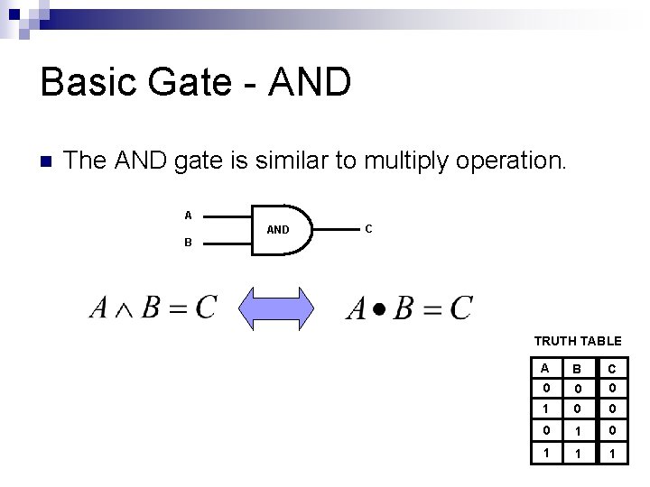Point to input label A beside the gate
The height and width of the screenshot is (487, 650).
[x=188, y=215]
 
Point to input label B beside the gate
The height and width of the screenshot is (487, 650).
[x=188, y=242]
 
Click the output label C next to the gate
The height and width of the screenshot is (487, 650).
[x=367, y=228]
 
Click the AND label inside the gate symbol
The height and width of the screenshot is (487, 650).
[x=278, y=230]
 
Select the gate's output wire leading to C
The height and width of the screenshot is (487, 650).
[x=336, y=230]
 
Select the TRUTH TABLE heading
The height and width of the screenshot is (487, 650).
[x=578, y=341]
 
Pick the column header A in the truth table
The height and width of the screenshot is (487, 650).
[x=543, y=368]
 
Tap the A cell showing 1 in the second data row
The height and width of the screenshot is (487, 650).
[x=543, y=409]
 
